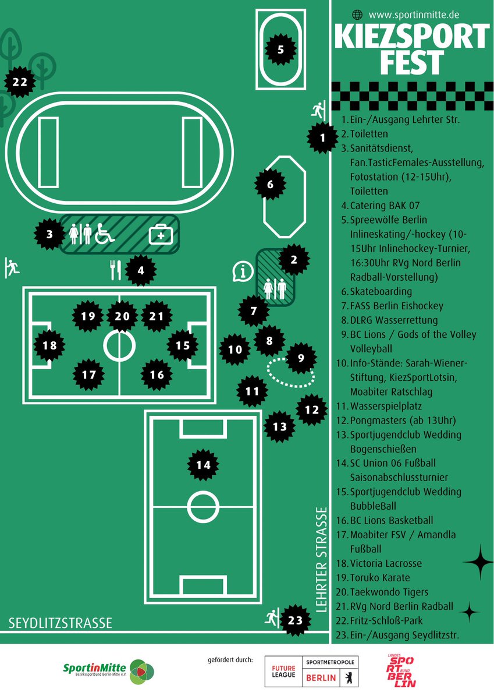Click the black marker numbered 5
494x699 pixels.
280,50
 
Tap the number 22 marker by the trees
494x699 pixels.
20,82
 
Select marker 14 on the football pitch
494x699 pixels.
203,465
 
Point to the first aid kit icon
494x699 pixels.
161,234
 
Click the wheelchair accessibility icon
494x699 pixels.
105,234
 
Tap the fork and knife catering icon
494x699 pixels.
115,270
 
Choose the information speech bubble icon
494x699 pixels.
243,272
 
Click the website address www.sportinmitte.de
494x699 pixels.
414,15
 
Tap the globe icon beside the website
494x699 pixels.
357,15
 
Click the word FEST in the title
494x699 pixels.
412,62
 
